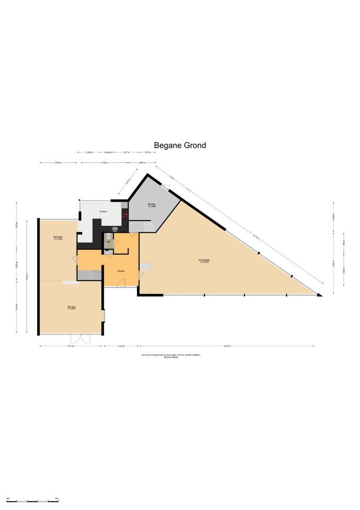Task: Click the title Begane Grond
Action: pyautogui.click(x=180, y=145)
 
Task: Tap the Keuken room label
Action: pyautogui.click(x=103, y=212)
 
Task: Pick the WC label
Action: pyautogui.click(x=108, y=242)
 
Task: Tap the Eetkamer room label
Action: pyautogui.click(x=59, y=238)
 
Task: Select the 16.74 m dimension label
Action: pyautogui.click(x=227, y=346)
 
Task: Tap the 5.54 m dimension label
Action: pyautogui.click(x=70, y=346)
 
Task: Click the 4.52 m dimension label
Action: pyautogui.click(x=104, y=163)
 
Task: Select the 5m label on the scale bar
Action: pyautogui.click(x=57, y=499)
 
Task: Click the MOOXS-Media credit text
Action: pyautogui.click(x=171, y=357)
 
